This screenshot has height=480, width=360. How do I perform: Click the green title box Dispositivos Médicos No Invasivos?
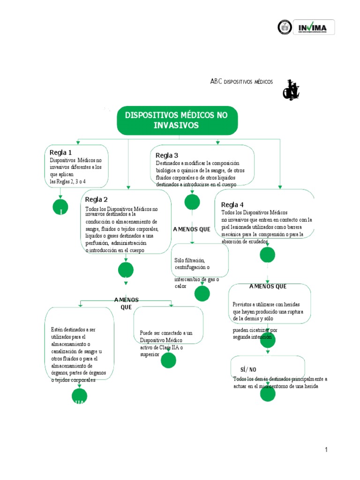177,120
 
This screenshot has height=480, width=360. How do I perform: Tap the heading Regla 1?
61,152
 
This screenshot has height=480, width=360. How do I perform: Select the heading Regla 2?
96,199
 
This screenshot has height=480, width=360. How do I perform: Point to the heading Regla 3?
167,155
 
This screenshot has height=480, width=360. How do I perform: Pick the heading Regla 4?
232,204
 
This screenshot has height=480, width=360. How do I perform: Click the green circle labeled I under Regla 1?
61,207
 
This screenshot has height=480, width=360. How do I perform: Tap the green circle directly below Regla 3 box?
192,202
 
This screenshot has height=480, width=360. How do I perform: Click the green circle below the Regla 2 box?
126,270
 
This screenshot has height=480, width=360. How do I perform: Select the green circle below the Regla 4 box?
267,255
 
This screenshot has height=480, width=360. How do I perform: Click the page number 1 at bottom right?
326,450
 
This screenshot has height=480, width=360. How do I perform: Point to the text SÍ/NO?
248,369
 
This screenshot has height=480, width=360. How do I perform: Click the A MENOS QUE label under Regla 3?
192,229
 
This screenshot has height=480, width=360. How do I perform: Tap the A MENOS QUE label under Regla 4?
268,286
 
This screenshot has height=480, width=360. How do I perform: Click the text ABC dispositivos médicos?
241,81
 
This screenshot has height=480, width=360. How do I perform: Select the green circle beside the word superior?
168,360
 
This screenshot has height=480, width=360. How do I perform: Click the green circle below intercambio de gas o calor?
202,293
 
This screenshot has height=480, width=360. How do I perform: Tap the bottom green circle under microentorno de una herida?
268,395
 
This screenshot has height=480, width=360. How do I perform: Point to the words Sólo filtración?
189,260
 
